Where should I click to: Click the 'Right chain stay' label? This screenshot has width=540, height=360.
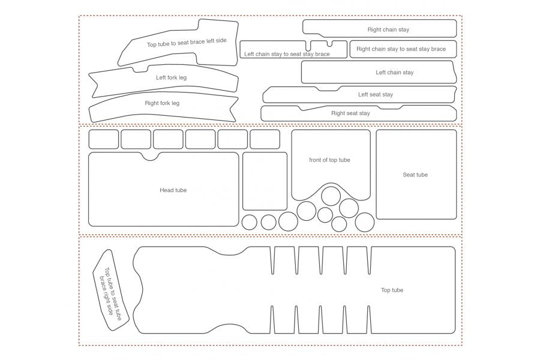pyautogui.click(x=388, y=29)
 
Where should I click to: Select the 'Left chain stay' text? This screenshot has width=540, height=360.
pyautogui.click(x=394, y=73)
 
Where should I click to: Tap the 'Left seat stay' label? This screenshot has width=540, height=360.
pyautogui.click(x=376, y=94)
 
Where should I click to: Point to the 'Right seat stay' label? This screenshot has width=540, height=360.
pyautogui.click(x=350, y=113)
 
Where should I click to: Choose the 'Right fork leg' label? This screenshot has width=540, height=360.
pyautogui.click(x=162, y=103)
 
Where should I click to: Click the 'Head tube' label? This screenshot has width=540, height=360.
pyautogui.click(x=173, y=190)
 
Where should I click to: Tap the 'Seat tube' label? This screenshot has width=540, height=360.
pyautogui.click(x=415, y=175)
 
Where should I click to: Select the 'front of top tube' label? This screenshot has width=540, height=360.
pyautogui.click(x=329, y=160)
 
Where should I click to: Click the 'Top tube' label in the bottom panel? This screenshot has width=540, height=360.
pyautogui.click(x=392, y=290)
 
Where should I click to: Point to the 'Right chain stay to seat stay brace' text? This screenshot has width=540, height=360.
pyautogui.click(x=401, y=49)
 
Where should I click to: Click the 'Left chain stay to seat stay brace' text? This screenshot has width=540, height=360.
pyautogui.click(x=287, y=54)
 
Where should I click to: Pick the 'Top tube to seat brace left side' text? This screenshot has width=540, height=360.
pyautogui.click(x=187, y=43)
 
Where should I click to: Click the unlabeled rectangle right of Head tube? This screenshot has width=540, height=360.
pyautogui.click(x=265, y=181)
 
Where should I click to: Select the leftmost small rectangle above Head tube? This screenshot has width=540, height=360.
pyautogui.click(x=104, y=139)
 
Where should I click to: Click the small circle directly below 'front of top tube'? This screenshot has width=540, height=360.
pyautogui.click(x=331, y=196)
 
